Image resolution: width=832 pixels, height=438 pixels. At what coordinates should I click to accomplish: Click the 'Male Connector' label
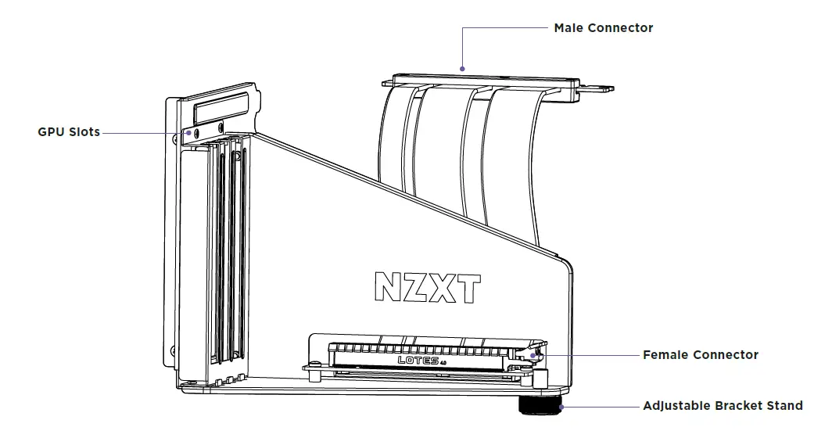(x=603, y=28)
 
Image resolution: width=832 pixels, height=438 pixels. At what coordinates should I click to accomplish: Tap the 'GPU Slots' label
(x=69, y=132)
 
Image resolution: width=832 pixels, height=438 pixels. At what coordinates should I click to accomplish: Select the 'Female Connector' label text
(x=700, y=355)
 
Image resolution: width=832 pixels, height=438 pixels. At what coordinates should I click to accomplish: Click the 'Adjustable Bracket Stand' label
(x=723, y=406)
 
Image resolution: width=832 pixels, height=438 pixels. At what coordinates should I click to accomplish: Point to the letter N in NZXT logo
(x=388, y=287)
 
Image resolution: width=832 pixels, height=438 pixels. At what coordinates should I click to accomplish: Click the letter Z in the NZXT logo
(x=418, y=287)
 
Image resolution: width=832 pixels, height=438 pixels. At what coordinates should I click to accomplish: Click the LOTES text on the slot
(x=418, y=360)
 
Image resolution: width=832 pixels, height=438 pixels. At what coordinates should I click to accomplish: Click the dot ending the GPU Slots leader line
(x=187, y=133)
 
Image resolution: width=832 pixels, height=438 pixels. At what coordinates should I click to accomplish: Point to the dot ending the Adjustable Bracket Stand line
(x=561, y=406)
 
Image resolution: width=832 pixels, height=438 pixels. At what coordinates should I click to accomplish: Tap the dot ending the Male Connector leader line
(x=463, y=68)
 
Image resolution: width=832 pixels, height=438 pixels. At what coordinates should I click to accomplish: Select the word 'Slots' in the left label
(x=84, y=132)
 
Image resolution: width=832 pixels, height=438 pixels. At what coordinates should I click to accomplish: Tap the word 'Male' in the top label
(x=568, y=28)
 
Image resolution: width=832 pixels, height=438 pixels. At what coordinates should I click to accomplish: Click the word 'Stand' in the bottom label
(x=784, y=406)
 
